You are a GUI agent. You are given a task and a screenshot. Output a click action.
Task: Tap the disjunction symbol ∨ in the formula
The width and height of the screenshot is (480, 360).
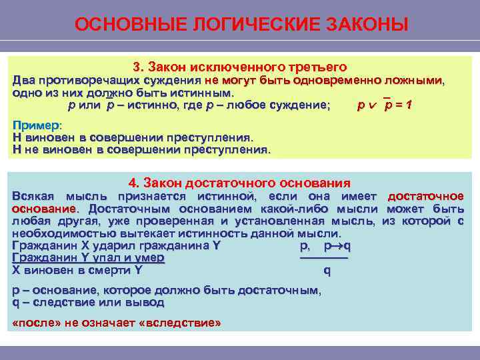click(374, 105)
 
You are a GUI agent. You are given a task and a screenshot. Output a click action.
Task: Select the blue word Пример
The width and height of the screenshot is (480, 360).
click(35, 125)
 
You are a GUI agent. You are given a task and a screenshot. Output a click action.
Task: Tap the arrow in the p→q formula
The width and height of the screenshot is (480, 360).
click(339, 246)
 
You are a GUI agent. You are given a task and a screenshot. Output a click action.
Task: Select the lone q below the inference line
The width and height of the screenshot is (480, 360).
click(327, 271)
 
